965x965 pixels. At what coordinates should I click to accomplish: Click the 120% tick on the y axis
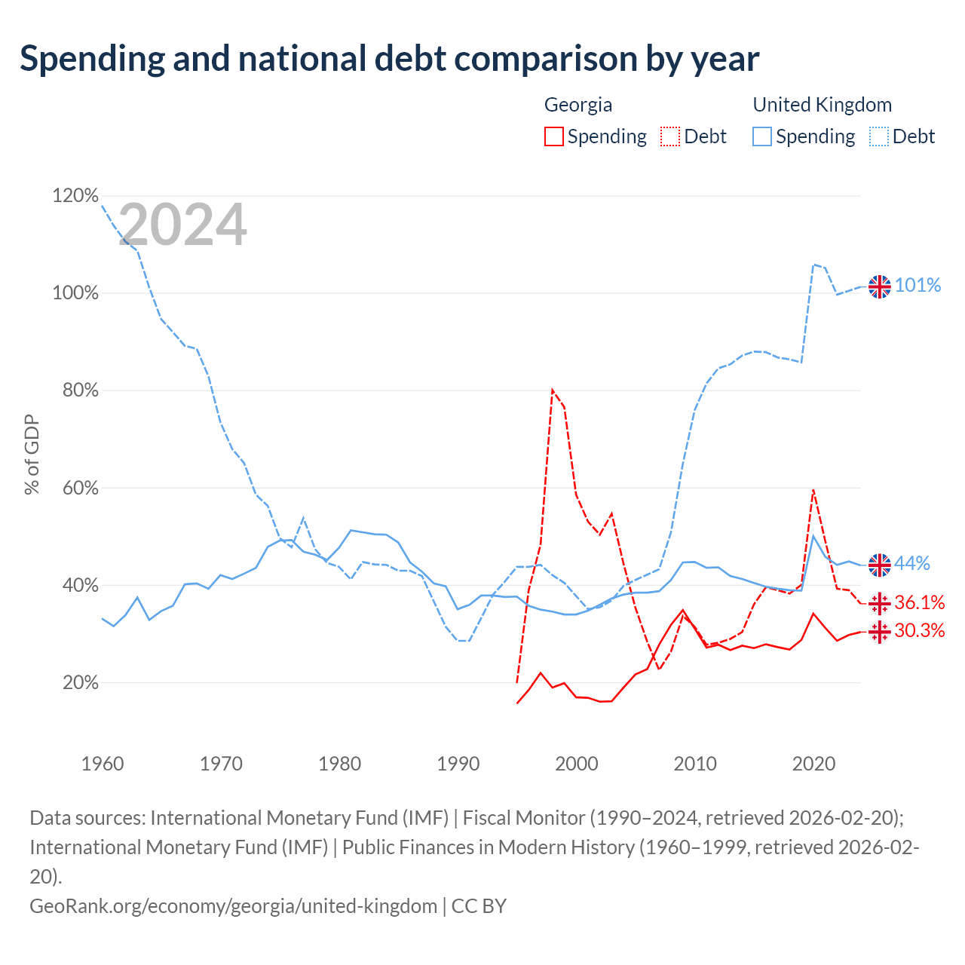(75, 195)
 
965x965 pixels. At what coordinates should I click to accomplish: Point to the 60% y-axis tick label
(80, 488)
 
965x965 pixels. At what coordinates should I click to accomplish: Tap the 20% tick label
(80, 682)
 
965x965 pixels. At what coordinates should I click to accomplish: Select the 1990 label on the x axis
(458, 764)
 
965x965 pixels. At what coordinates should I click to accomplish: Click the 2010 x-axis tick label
(695, 764)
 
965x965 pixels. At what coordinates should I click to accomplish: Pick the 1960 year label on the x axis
(103, 764)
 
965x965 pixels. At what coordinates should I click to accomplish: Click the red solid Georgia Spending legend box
(554, 136)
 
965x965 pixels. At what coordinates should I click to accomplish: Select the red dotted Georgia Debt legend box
(670, 136)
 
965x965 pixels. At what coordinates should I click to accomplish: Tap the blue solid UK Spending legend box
(762, 136)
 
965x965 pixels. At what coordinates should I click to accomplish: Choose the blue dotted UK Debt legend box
(879, 136)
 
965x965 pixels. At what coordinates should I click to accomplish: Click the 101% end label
(918, 285)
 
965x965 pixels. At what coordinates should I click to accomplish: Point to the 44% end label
(912, 563)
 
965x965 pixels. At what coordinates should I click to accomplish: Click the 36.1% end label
(920, 602)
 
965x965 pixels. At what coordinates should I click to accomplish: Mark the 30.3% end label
(920, 630)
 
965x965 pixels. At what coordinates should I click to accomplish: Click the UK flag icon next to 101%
(879, 287)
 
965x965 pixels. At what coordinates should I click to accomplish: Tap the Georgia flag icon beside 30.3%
(879, 633)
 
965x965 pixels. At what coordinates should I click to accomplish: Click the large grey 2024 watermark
(182, 224)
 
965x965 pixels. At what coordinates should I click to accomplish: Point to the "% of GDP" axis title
(32, 455)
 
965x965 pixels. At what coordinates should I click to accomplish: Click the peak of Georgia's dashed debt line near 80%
(553, 390)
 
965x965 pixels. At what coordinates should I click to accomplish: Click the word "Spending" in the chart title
(93, 59)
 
